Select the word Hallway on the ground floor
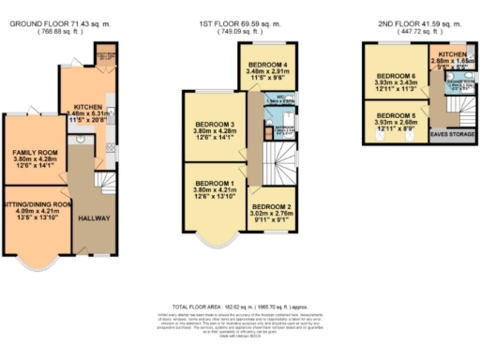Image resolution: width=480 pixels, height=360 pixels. pyautogui.click(x=95, y=218)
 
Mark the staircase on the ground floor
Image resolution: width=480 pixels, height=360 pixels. pyautogui.click(x=108, y=173)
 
